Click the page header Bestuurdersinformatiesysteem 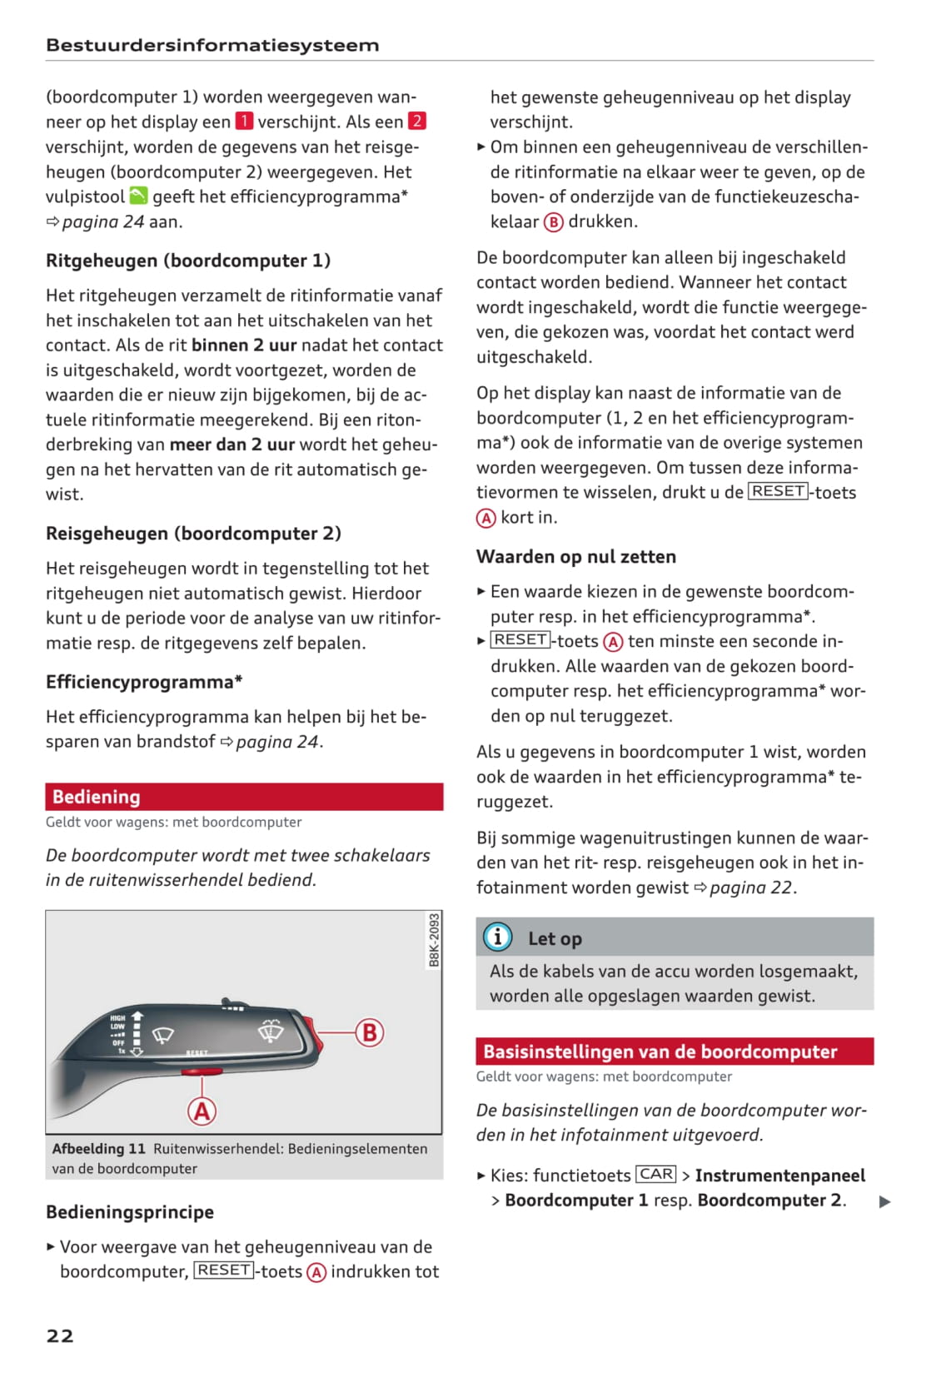212,46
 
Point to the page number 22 60,1336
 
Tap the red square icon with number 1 244,122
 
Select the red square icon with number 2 417,122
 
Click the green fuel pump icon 138,196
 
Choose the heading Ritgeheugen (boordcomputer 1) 188,261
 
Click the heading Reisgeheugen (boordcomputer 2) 193,534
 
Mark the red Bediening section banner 244,797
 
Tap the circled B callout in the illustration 369,1032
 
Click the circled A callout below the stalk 202,1111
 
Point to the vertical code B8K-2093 434,941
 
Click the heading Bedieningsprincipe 130,1212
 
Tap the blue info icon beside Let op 498,937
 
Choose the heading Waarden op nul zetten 576,557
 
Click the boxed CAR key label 656,1175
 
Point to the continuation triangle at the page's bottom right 885,1201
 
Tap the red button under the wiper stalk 202,1071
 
